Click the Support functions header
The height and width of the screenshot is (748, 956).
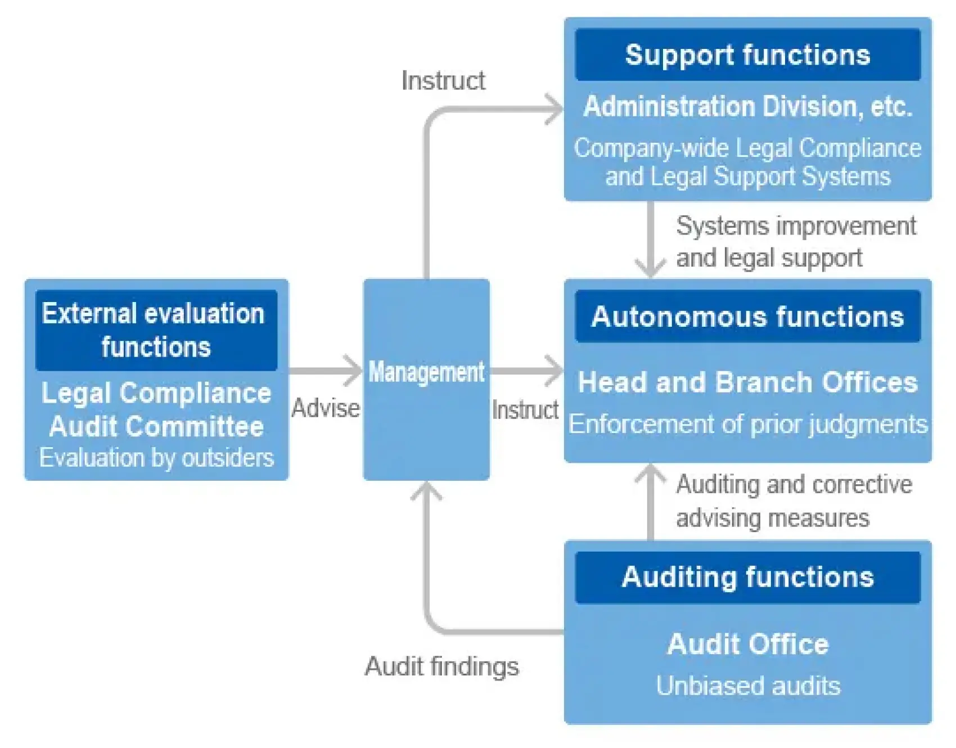747,55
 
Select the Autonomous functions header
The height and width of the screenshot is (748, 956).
747,317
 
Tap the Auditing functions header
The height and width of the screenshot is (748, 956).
747,578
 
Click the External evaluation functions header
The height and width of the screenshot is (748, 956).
156,330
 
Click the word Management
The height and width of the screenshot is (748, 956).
426,372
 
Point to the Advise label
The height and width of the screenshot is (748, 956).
326,408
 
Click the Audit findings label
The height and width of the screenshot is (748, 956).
441,666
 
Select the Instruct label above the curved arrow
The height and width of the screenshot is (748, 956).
443,80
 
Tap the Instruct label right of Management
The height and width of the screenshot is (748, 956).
525,409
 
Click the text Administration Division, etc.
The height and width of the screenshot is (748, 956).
747,106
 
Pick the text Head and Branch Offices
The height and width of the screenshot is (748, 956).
747,382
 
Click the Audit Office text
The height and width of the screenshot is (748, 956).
747,644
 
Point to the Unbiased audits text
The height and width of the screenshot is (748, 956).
747,686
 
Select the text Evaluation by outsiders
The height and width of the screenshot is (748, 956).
156,458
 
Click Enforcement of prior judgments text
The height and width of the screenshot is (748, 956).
747,424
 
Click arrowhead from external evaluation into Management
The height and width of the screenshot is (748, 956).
354,371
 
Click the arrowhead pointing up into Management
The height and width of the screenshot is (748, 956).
426,491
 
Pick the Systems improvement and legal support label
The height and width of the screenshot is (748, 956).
795,242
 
